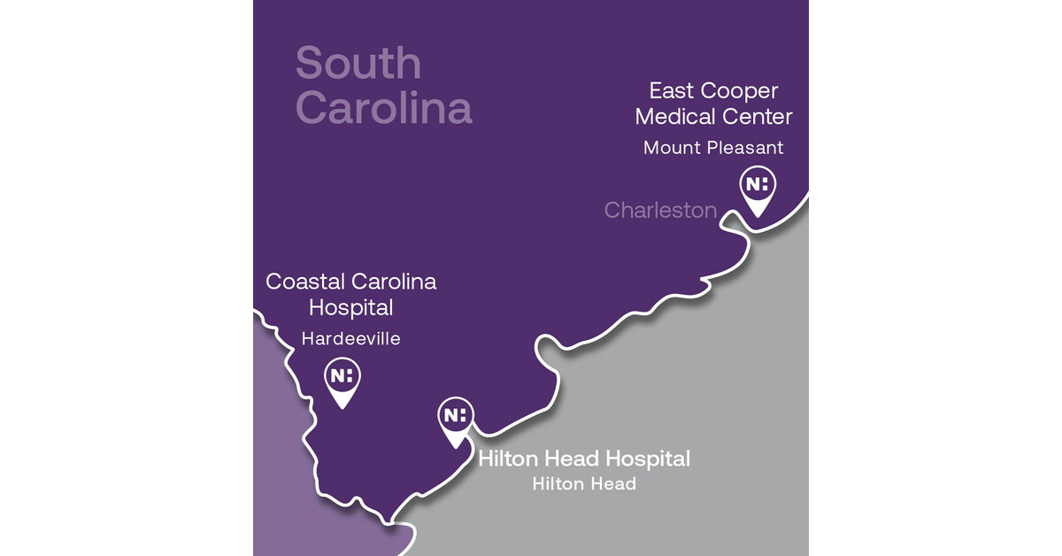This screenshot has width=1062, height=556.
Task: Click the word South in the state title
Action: (x=358, y=64)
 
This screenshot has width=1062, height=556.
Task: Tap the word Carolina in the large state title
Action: (x=383, y=108)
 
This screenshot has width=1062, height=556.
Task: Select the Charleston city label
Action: (x=660, y=210)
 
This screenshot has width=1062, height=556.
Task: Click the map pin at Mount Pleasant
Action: (x=758, y=189)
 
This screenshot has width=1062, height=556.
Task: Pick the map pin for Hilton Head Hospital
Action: (x=456, y=420)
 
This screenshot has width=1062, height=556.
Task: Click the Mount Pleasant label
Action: (x=713, y=148)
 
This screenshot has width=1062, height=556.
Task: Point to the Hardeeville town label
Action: (x=350, y=339)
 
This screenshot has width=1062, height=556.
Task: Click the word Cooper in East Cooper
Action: (x=738, y=91)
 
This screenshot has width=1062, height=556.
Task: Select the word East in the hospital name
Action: (x=670, y=91)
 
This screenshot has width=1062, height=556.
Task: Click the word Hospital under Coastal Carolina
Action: (x=350, y=308)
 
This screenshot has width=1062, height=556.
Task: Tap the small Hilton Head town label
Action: (x=583, y=484)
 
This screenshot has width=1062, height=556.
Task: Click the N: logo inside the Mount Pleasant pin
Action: (x=758, y=184)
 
